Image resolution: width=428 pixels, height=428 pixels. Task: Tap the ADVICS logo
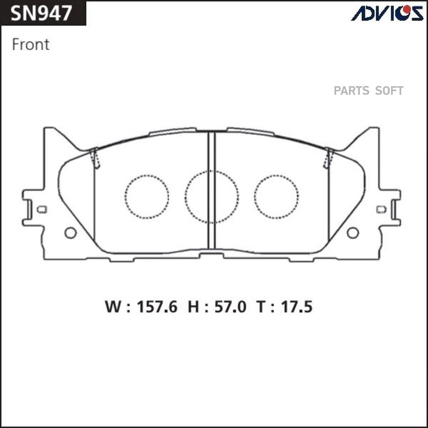[x=387, y=13]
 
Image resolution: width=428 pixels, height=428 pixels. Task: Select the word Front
[x=30, y=45]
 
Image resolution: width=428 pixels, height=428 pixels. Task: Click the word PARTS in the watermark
[x=351, y=91]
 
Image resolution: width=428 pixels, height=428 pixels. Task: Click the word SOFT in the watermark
[x=389, y=91]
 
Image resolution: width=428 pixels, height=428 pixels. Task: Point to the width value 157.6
[x=157, y=307]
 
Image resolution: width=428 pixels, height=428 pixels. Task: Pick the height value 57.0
[x=230, y=307]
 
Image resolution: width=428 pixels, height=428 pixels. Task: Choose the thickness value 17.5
[x=295, y=307]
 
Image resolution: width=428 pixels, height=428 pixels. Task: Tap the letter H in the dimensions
[x=194, y=307]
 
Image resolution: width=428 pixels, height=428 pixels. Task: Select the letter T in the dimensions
[x=262, y=307]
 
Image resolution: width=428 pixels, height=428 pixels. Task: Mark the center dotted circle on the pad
[x=212, y=196]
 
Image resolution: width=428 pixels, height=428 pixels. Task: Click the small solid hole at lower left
[x=70, y=233]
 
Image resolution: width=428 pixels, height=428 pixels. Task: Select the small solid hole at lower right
[x=352, y=233]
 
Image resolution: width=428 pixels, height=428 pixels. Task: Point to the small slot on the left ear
[x=42, y=209]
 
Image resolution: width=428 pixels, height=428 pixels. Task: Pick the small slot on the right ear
[x=381, y=209]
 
